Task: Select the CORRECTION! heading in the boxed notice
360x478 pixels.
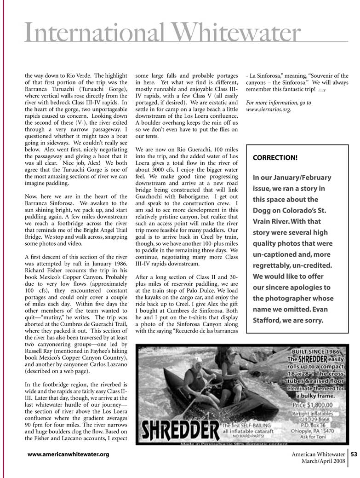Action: (275, 157)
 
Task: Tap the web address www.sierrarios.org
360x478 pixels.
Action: (269, 110)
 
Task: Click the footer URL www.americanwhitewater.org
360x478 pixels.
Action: (68, 455)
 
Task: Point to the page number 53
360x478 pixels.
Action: (354, 455)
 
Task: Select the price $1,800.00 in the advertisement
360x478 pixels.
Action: (316, 404)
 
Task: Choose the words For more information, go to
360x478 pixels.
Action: (279, 103)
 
